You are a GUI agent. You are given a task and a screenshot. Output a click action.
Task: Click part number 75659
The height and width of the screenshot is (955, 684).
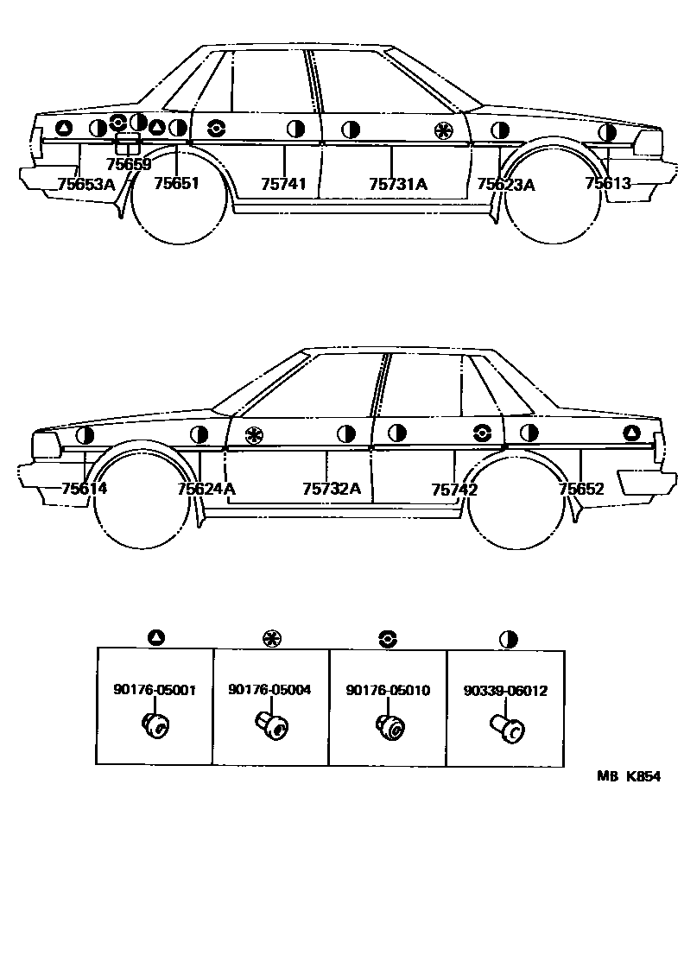[129, 164]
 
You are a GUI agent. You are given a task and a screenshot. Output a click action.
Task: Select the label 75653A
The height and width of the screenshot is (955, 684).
[85, 184]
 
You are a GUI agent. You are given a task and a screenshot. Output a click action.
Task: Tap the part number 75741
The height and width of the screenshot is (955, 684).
[283, 183]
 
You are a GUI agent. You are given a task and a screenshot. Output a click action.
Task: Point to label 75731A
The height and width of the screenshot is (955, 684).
[398, 183]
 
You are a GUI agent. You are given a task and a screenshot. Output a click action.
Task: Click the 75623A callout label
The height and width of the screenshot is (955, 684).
[505, 184]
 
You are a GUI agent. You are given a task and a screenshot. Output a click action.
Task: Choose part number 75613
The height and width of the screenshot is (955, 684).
[608, 183]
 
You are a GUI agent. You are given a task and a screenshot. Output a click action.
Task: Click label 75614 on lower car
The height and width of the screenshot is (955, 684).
[84, 488]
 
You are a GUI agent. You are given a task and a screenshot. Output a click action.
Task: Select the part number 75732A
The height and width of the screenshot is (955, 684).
[332, 488]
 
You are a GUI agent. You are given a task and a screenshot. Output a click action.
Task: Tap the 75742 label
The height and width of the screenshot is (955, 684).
[454, 489]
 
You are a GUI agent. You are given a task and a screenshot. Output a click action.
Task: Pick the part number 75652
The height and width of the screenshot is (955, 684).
[582, 489]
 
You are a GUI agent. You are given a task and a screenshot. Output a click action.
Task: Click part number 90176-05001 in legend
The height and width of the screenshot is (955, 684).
[155, 690]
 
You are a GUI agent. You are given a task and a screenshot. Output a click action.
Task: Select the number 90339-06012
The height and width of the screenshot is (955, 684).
[505, 691]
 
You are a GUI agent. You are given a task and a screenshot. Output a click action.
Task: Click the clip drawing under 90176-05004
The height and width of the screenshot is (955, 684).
[272, 724]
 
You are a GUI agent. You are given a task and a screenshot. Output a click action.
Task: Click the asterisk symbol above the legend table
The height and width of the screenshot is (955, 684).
[271, 639]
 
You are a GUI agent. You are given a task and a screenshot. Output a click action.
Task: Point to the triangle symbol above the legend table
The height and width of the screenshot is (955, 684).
[156, 638]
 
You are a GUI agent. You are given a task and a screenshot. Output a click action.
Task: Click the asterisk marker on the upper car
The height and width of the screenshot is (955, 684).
[444, 130]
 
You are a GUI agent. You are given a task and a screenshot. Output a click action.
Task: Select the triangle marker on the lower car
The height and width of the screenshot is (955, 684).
[632, 433]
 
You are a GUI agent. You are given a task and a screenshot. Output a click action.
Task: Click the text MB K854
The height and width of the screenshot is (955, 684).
[628, 776]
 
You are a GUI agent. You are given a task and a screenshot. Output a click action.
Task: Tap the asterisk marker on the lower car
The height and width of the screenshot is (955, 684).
[253, 435]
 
